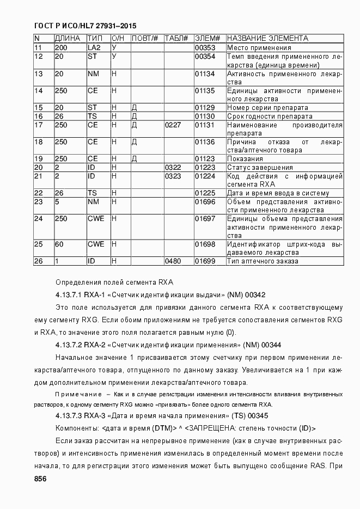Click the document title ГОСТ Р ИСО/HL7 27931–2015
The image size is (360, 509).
coord(85,26)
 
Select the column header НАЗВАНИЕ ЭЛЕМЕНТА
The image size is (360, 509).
coord(267,39)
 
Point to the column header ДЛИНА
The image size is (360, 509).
coord(68,39)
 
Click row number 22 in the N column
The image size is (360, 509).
coord(38,193)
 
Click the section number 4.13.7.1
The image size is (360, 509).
coord(68,295)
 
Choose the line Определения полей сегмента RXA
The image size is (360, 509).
coord(114,282)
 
